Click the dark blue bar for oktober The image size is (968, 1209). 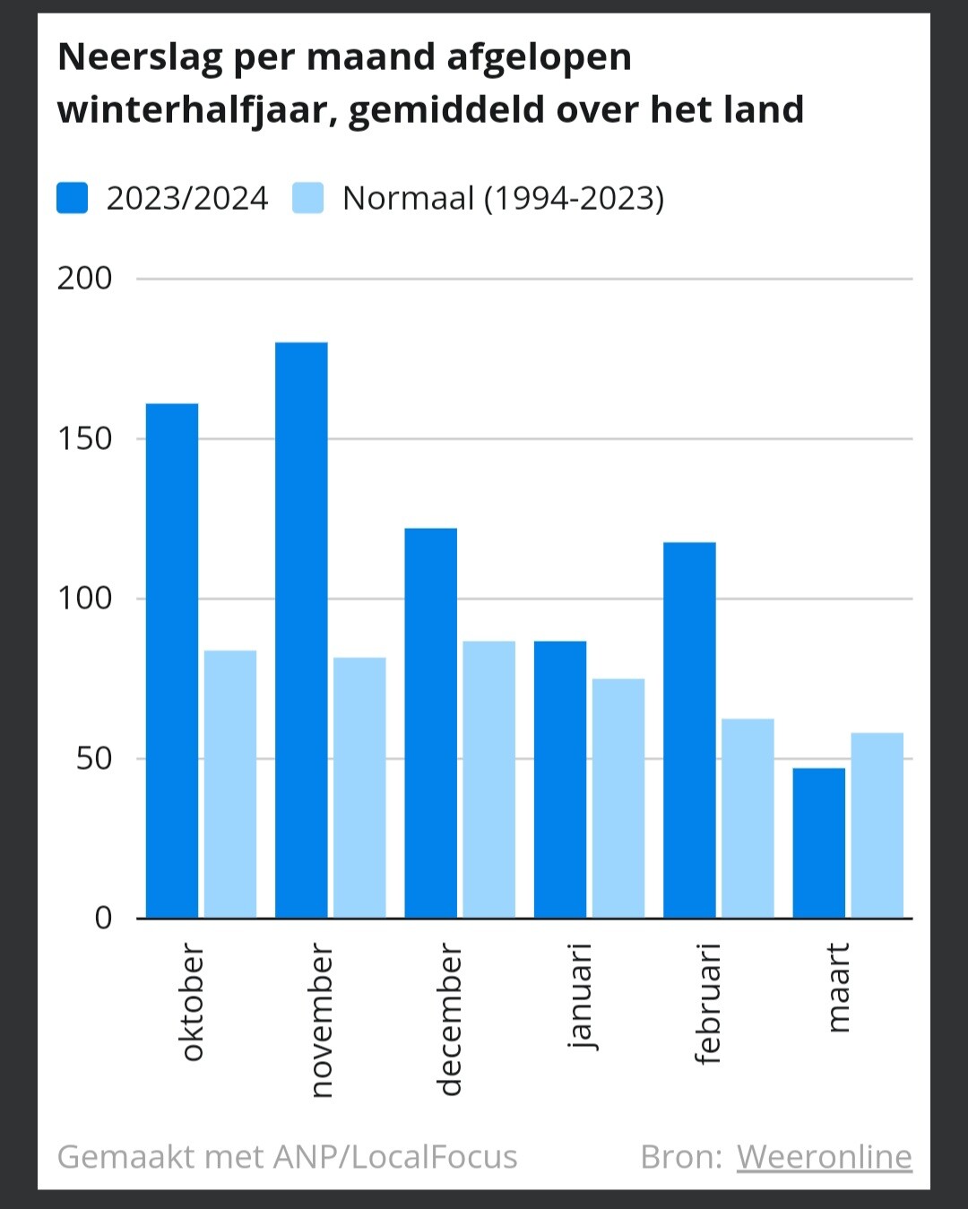(172, 661)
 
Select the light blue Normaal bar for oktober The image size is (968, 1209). (230, 784)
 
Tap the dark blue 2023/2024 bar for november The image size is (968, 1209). (301, 630)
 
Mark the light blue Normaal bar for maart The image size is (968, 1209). (877, 825)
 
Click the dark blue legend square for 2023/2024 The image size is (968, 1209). (73, 198)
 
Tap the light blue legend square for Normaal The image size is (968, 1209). (307, 198)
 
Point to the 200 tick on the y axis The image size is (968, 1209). (85, 278)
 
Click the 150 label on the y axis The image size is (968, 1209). (85, 438)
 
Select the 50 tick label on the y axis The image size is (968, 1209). (94, 758)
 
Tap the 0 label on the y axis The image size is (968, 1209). (103, 919)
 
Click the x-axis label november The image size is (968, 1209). (322, 1020)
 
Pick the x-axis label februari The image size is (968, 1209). (708, 1004)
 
